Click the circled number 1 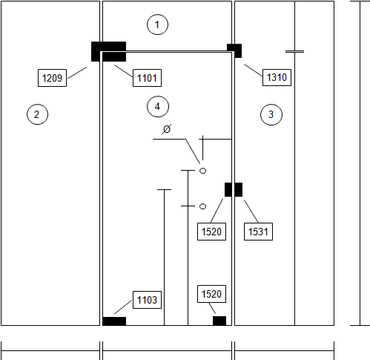157,24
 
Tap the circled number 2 37,114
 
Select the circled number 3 271,114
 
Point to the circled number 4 158,107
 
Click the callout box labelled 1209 52,78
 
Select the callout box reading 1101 147,78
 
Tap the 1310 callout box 277,77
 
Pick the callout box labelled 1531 258,232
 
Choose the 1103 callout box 147,300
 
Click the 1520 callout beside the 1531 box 211,232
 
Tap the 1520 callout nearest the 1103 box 211,294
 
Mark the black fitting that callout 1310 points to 234,50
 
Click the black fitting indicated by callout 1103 114,321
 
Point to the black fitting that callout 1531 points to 239,189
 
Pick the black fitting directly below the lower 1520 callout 219,321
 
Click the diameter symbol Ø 167,129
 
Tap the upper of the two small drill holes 202,171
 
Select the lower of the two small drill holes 202,206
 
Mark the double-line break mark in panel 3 294,52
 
